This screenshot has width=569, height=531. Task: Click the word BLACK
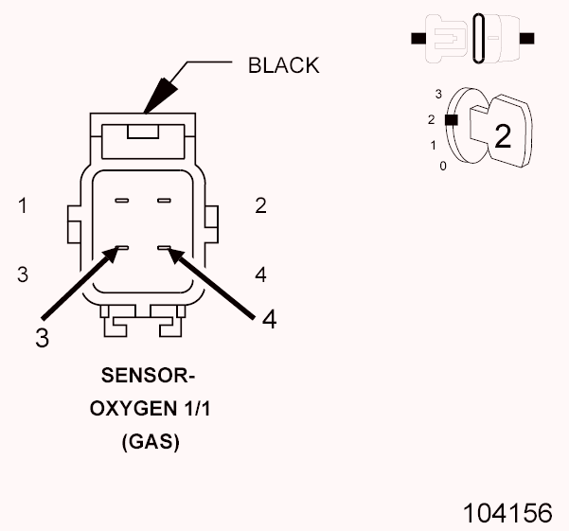(283, 65)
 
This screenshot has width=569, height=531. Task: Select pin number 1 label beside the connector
(23, 205)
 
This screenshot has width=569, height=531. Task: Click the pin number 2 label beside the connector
(260, 205)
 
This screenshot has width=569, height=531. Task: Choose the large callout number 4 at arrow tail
(269, 320)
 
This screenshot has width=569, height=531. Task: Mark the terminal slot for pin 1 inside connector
(121, 201)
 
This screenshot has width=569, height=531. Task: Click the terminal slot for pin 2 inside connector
(164, 201)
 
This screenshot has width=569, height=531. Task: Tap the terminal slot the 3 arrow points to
(121, 249)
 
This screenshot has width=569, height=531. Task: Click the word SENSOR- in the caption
(148, 377)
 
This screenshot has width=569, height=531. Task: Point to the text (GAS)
(151, 441)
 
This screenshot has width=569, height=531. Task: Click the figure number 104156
(507, 513)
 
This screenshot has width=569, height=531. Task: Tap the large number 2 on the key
(503, 137)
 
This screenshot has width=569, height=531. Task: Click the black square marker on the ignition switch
(453, 120)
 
